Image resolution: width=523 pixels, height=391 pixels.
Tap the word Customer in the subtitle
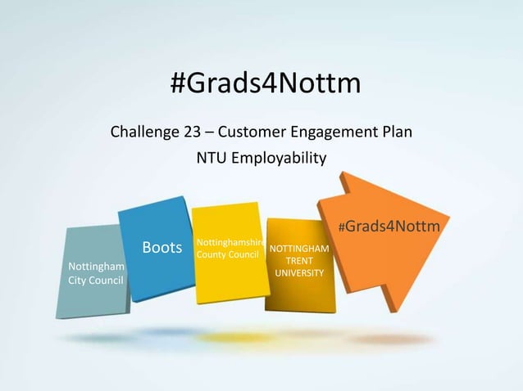(252, 131)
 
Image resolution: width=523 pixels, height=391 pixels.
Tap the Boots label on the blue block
(161, 247)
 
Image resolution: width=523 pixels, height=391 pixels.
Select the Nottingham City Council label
(96, 274)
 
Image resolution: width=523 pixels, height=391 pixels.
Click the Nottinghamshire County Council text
(227, 249)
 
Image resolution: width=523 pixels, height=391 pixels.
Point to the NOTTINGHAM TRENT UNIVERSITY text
(299, 260)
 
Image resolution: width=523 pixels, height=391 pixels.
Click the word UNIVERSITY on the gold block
(299, 272)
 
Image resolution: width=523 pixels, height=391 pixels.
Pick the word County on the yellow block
(211, 255)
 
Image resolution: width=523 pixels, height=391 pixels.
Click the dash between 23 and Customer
(211, 132)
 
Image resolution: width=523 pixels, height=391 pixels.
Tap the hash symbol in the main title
(178, 83)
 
